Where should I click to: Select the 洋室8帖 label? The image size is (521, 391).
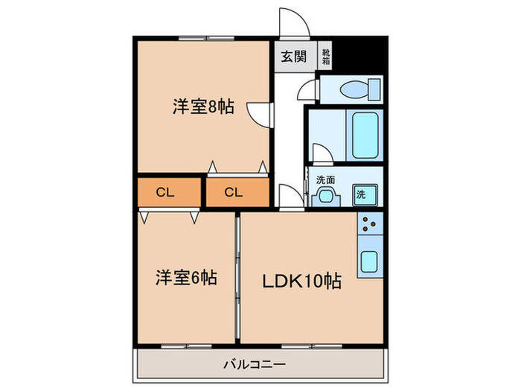point(203,107)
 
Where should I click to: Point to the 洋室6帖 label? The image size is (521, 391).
point(186,278)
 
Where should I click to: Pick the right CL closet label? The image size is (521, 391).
point(234,192)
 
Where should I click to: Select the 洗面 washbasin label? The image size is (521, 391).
point(325,179)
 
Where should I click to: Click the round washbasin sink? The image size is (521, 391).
point(325,195)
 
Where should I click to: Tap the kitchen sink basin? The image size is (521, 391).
point(369,261)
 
